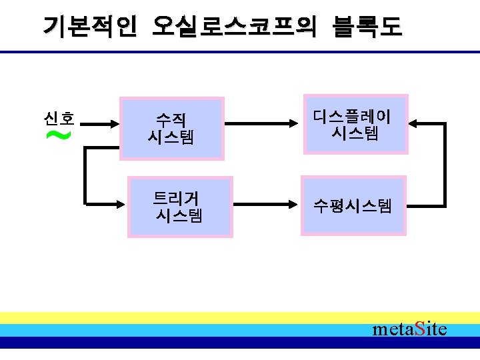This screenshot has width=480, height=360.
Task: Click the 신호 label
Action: pos(58,119)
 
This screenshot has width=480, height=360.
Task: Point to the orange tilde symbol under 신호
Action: pos(59,136)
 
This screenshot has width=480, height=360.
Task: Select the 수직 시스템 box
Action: pos(171,129)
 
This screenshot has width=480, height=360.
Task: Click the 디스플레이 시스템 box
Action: pos(353,125)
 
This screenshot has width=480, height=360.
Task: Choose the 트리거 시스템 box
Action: pos(180,206)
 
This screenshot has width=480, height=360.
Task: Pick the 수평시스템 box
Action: pos(353,205)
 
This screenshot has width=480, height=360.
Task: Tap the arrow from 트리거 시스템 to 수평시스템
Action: pos(265,202)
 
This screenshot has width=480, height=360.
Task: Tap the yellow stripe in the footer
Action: pos(200,317)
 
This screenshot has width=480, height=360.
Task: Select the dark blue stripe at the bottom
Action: pos(200,343)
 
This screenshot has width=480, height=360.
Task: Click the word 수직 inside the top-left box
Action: pos(171,121)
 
